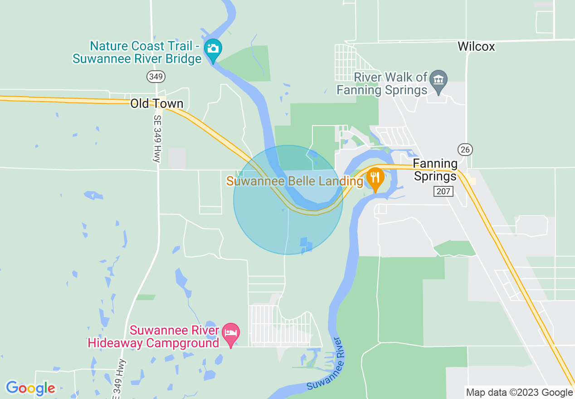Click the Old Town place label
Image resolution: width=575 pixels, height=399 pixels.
157,103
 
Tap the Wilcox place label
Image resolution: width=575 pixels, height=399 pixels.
476,46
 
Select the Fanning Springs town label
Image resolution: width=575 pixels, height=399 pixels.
435,170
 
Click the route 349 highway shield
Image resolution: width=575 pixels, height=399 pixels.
156,77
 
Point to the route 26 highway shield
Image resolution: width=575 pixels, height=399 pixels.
465,150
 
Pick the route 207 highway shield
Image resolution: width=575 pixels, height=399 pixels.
443,191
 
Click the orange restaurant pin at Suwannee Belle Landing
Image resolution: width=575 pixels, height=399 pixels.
375,177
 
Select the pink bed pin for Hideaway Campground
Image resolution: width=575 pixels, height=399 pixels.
231,333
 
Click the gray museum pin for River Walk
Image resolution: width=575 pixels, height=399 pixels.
439,81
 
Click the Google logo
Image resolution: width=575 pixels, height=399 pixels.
30,388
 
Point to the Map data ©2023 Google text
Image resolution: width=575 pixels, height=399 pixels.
520,393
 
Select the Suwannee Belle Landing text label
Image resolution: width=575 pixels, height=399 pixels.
295,181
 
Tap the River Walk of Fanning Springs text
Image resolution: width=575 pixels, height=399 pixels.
382,83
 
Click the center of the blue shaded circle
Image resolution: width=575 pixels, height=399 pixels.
288,199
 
